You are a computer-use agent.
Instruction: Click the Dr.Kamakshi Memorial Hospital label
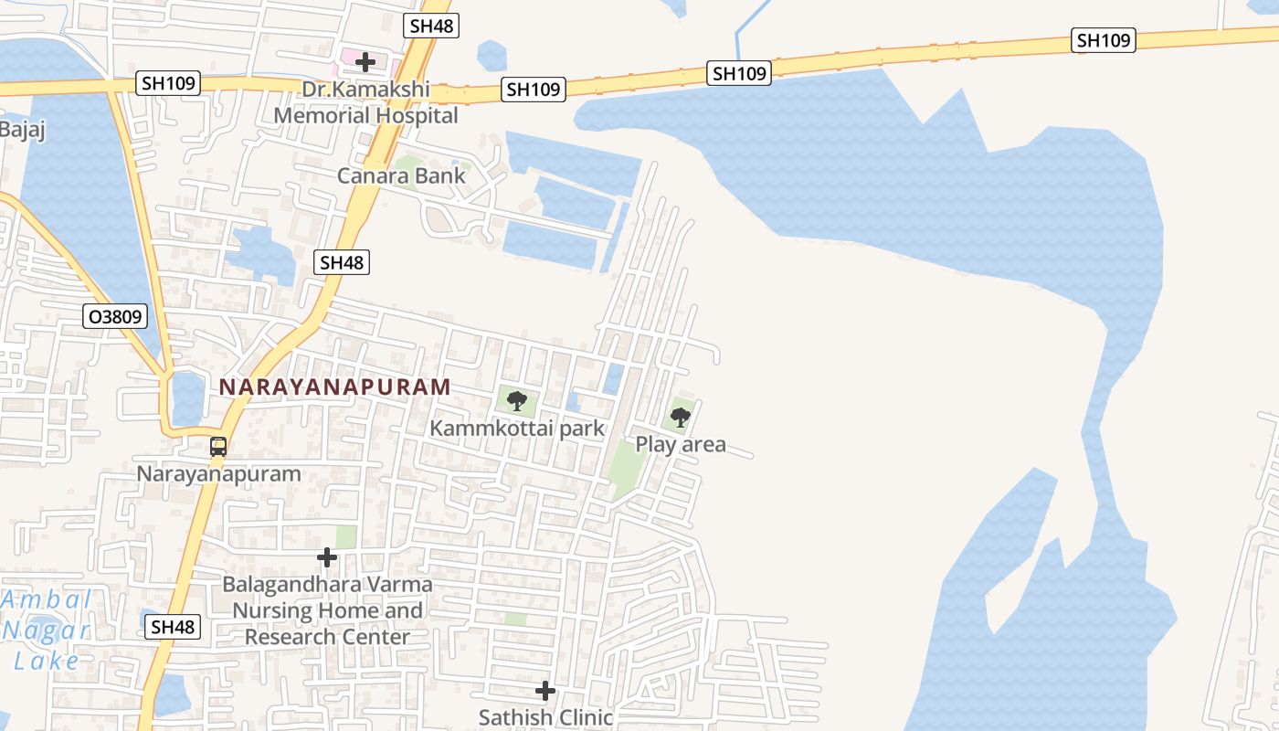click(x=366, y=103)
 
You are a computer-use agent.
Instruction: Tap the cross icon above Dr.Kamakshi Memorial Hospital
click(x=365, y=62)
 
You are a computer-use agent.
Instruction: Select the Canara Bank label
click(x=402, y=175)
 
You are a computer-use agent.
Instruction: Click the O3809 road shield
click(x=114, y=317)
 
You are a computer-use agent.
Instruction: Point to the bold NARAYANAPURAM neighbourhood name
click(x=334, y=387)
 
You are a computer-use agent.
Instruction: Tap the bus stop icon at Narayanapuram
click(x=218, y=447)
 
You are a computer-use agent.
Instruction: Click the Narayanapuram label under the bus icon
click(x=218, y=473)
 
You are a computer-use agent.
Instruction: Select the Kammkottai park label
click(x=517, y=428)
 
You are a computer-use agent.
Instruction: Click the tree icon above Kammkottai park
click(x=516, y=400)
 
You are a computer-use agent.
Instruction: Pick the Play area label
click(x=681, y=445)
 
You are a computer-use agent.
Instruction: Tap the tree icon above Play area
click(x=680, y=418)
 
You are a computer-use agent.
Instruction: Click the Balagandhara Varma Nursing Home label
click(x=328, y=609)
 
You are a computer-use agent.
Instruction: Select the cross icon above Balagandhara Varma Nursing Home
click(x=327, y=556)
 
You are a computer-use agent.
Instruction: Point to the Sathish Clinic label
click(x=545, y=717)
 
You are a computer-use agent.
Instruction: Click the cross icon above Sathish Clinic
click(x=545, y=690)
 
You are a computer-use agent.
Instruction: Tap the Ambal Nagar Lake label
click(x=47, y=630)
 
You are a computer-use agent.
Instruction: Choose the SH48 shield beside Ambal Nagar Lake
click(x=172, y=627)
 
